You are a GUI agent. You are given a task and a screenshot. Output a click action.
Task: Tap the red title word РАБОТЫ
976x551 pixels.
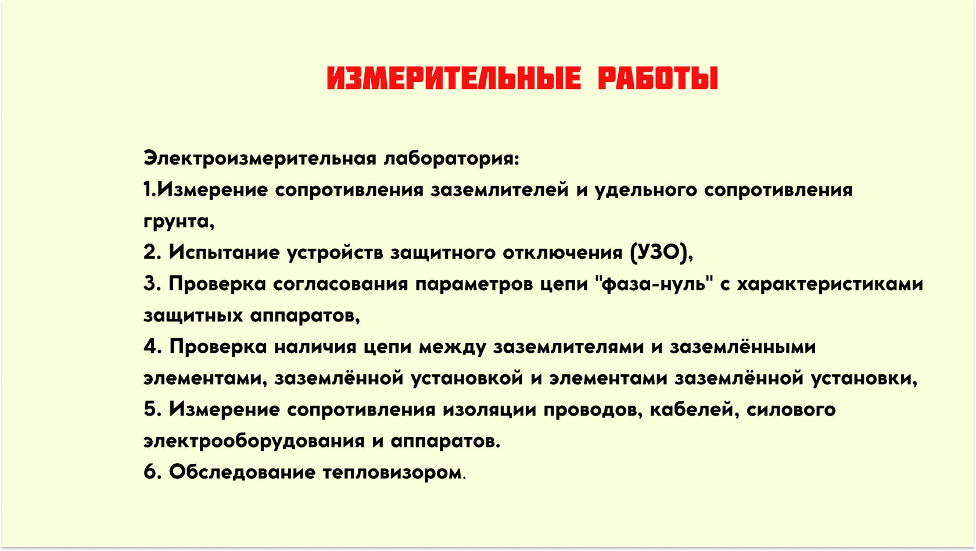[x=658, y=78]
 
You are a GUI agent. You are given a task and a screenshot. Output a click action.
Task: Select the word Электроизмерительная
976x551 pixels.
[x=260, y=158]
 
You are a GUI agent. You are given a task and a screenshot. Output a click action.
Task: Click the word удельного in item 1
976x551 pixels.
[x=646, y=191]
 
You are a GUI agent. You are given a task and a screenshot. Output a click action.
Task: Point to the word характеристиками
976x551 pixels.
[x=830, y=285]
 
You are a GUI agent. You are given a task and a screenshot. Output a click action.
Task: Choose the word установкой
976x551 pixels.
[x=467, y=378]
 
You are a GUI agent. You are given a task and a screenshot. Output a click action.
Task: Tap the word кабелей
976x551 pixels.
[x=695, y=410]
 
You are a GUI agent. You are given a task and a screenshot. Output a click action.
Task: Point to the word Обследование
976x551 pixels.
[x=242, y=473]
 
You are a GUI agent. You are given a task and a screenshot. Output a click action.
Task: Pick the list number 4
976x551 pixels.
[x=151, y=346]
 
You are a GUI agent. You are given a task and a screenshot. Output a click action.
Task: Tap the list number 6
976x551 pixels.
[x=150, y=472]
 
